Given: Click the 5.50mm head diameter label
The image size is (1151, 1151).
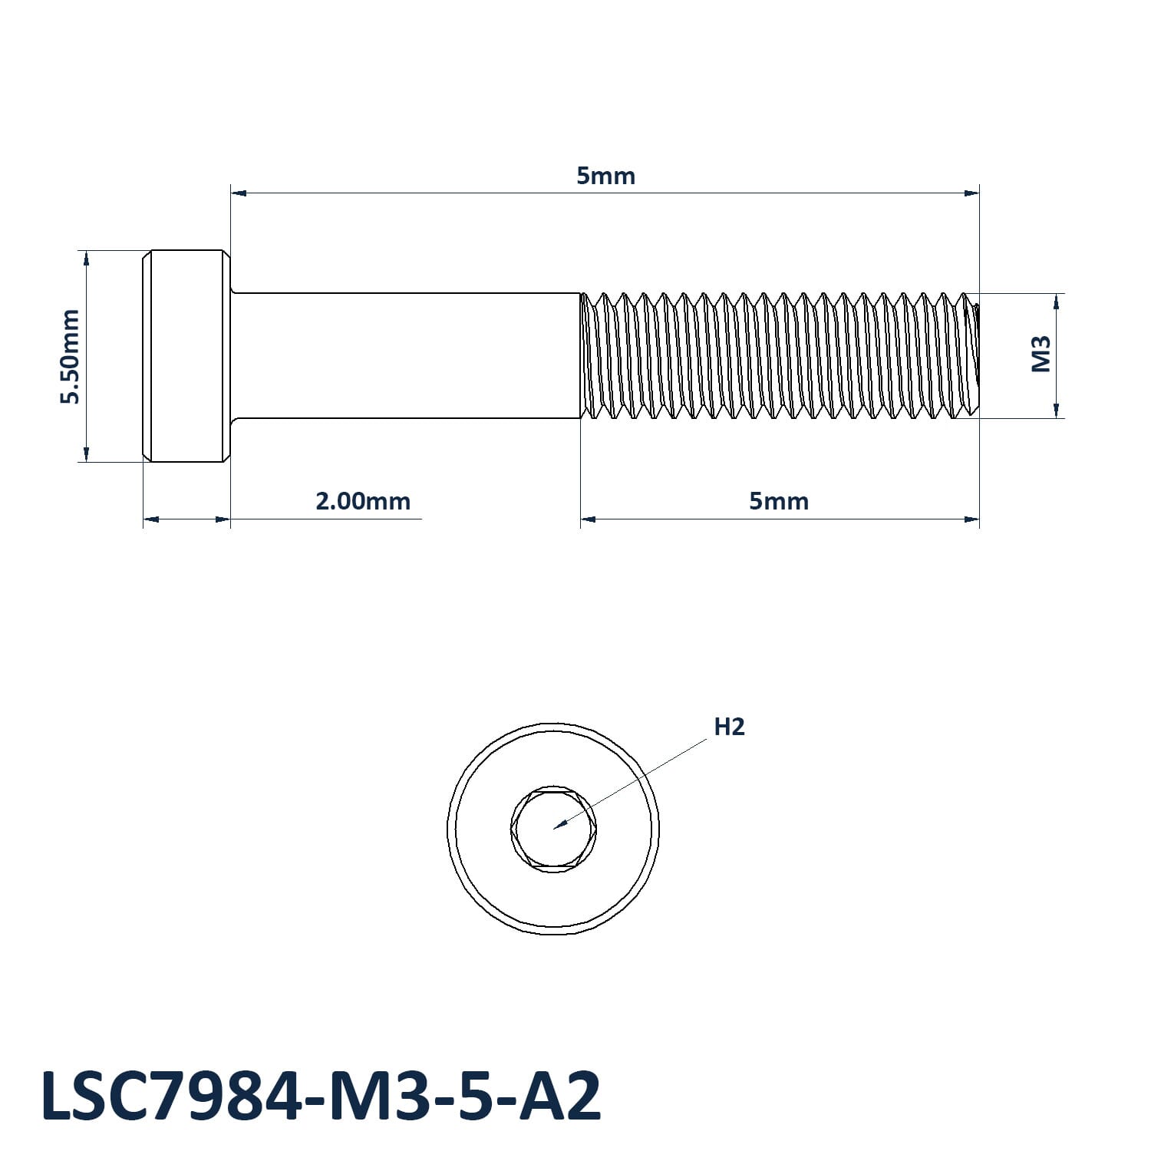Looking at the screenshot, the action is pyautogui.click(x=71, y=356).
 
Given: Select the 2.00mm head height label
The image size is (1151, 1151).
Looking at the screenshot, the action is pyautogui.click(x=363, y=501).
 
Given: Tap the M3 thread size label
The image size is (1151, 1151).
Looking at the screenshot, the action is pyautogui.click(x=1041, y=354).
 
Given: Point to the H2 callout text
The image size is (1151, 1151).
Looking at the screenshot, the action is pyautogui.click(x=729, y=726).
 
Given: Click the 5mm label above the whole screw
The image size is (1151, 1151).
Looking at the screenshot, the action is pyautogui.click(x=605, y=176).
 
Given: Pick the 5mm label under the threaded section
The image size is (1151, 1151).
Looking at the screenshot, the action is pyautogui.click(x=779, y=501).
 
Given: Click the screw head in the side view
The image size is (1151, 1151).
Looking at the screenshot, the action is pyautogui.click(x=186, y=356).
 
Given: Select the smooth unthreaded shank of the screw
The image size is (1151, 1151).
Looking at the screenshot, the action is pyautogui.click(x=405, y=356).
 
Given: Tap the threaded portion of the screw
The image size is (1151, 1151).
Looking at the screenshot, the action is pyautogui.click(x=780, y=356).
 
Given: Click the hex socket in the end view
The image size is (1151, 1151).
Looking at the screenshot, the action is pyautogui.click(x=552, y=829).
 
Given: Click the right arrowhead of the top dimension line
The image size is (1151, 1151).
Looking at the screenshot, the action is pyautogui.click(x=972, y=193).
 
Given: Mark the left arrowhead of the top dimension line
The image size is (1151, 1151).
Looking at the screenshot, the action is pyautogui.click(x=239, y=193).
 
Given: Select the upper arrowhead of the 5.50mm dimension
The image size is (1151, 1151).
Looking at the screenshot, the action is pyautogui.click(x=87, y=259).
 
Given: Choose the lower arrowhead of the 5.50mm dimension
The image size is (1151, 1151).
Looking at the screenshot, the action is pyautogui.click(x=87, y=453).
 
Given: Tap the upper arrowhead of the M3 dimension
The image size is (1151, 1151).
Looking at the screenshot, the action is pyautogui.click(x=1057, y=302).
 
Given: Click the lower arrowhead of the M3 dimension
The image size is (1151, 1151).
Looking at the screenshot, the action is pyautogui.click(x=1057, y=410).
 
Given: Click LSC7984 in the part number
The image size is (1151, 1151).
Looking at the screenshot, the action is pyautogui.click(x=171, y=1097).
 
